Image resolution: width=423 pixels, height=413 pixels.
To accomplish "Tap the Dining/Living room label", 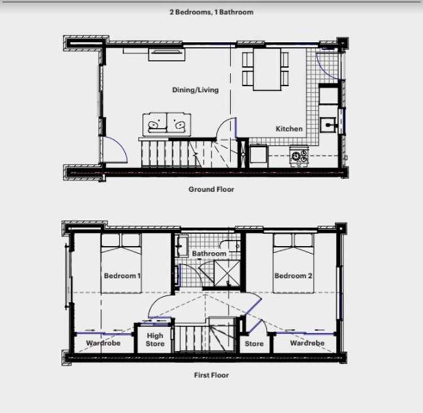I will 195,90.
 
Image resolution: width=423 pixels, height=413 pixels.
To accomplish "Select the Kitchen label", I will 289,129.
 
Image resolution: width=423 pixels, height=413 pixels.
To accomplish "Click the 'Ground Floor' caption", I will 211,189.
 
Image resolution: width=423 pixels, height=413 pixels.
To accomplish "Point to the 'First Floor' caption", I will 211,375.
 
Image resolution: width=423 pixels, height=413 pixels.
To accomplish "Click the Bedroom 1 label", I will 123,276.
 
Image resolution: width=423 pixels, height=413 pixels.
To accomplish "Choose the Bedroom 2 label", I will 293,276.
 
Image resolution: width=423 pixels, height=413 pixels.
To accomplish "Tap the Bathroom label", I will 209,254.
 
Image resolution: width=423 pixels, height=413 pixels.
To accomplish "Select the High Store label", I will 155,340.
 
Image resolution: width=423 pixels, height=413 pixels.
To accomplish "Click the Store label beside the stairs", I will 254,343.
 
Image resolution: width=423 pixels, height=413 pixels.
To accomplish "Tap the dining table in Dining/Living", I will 267,69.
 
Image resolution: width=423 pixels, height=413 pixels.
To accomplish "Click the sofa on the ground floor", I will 167,124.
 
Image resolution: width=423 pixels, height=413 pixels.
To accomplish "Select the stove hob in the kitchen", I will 299,156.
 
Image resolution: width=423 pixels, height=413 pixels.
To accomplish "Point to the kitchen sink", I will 328,125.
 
